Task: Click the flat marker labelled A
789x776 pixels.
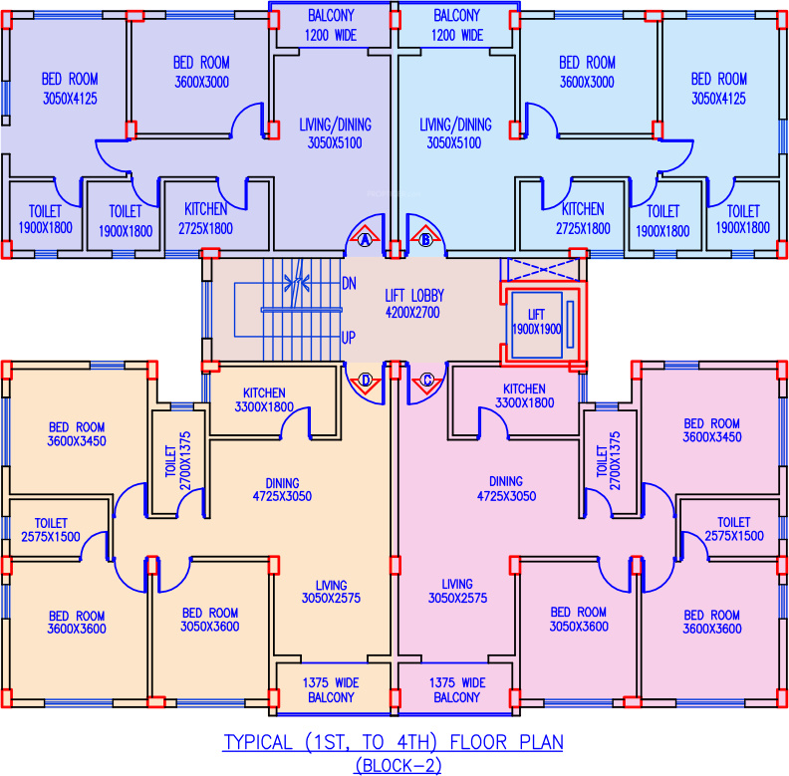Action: pyautogui.click(x=365, y=240)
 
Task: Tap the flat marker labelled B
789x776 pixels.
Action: pyautogui.click(x=425, y=240)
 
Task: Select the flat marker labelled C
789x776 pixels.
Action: pyautogui.click(x=427, y=380)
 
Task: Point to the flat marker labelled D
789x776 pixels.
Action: pyautogui.click(x=366, y=380)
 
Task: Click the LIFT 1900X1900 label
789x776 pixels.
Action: pyautogui.click(x=537, y=323)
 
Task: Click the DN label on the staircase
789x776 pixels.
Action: pyautogui.click(x=349, y=283)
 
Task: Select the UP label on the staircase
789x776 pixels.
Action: pyautogui.click(x=349, y=338)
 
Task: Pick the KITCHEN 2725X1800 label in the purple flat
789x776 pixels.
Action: pyautogui.click(x=206, y=219)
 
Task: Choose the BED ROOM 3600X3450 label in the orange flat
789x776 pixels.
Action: pyautogui.click(x=77, y=433)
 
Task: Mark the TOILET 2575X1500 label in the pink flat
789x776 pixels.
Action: pyautogui.click(x=733, y=529)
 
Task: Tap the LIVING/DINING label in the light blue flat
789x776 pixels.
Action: pyautogui.click(x=455, y=133)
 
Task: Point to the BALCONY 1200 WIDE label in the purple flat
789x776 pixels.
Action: pyautogui.click(x=333, y=25)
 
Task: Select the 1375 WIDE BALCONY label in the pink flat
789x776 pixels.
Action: pyautogui.click(x=458, y=689)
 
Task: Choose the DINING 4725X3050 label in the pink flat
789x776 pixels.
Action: pyautogui.click(x=505, y=488)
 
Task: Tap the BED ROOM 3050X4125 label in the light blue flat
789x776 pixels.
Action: pyautogui.click(x=718, y=88)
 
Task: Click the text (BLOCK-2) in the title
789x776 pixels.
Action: pyautogui.click(x=394, y=765)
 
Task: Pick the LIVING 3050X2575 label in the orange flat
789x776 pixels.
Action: pyautogui.click(x=331, y=591)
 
